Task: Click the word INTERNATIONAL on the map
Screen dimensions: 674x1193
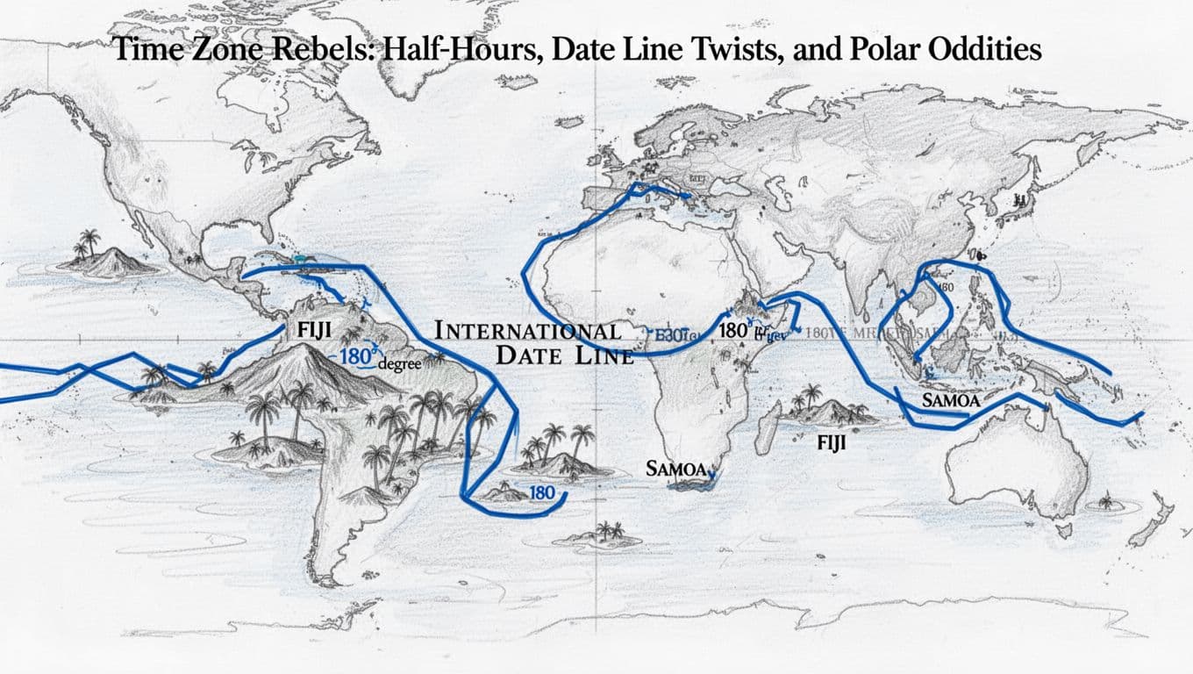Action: pyautogui.click(x=528, y=332)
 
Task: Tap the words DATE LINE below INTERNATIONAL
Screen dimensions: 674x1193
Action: pyautogui.click(x=564, y=355)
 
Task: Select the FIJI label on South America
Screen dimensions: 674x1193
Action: pyautogui.click(x=313, y=333)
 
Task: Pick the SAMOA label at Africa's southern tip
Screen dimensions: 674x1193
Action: pyautogui.click(x=675, y=469)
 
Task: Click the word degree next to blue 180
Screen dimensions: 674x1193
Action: pyautogui.click(x=399, y=364)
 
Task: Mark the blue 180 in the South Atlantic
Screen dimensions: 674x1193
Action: pyautogui.click(x=542, y=492)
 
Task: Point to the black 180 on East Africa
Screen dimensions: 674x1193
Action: pyautogui.click(x=732, y=332)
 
